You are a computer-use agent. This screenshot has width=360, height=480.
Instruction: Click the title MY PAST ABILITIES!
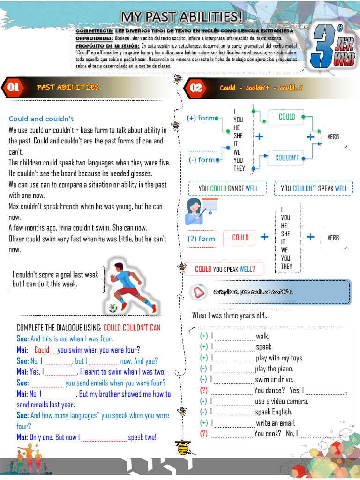pyautogui.click(x=182, y=17)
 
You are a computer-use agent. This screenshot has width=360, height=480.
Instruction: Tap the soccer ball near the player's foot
pyautogui.click(x=112, y=308)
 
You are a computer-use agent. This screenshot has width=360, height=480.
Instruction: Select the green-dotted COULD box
pyautogui.click(x=286, y=117)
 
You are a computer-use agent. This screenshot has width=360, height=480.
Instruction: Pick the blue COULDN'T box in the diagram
pyautogui.click(x=286, y=158)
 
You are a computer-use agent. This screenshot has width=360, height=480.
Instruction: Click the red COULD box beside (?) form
pyautogui.click(x=240, y=238)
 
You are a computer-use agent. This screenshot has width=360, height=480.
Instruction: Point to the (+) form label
pyautogui.click(x=201, y=118)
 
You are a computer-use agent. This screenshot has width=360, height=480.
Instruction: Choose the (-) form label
pyautogui.click(x=202, y=160)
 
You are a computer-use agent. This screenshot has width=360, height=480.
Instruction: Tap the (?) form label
pyautogui.click(x=201, y=239)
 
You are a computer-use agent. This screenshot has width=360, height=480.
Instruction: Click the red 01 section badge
pyautogui.click(x=13, y=87)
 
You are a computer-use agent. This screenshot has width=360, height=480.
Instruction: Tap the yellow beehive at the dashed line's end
pyautogui.click(x=182, y=448)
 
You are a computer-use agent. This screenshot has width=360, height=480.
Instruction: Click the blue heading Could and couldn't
pyautogui.click(x=41, y=119)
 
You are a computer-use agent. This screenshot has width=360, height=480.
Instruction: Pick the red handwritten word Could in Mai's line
pyautogui.click(x=42, y=350)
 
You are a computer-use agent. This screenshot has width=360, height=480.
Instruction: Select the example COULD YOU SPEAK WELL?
pyautogui.click(x=225, y=269)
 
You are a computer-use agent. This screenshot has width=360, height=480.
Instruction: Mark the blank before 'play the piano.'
pyautogui.click(x=233, y=369)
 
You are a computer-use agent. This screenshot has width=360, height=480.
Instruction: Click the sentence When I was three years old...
pyautogui.click(x=230, y=315)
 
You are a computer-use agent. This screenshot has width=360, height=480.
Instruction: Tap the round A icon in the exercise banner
pyautogui.click(x=197, y=292)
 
